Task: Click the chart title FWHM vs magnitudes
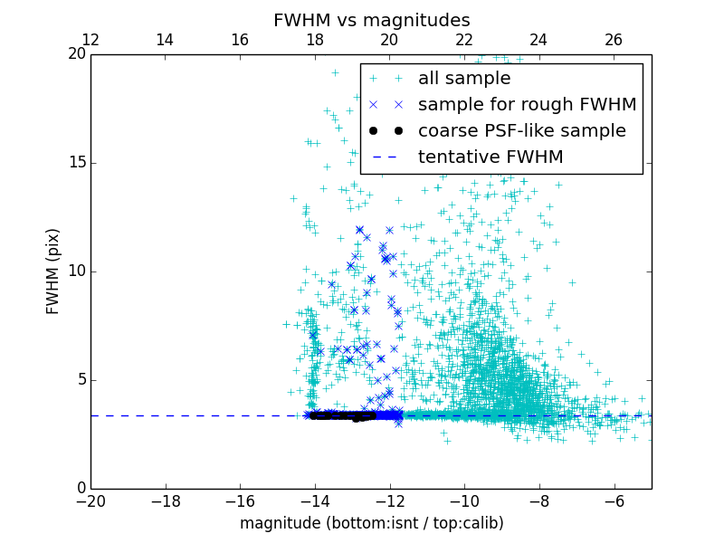pos(371,20)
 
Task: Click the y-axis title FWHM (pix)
pos(53,271)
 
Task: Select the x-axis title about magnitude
pos(371,523)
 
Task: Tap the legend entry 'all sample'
pos(463,79)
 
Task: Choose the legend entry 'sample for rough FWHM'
pos(527,105)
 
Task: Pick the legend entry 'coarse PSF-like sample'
pos(521,131)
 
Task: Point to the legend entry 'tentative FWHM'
pos(490,157)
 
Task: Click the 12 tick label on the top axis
pos(90,40)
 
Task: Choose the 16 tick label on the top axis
pos(240,40)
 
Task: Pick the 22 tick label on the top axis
pos(464,40)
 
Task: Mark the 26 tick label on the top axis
pos(614,40)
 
